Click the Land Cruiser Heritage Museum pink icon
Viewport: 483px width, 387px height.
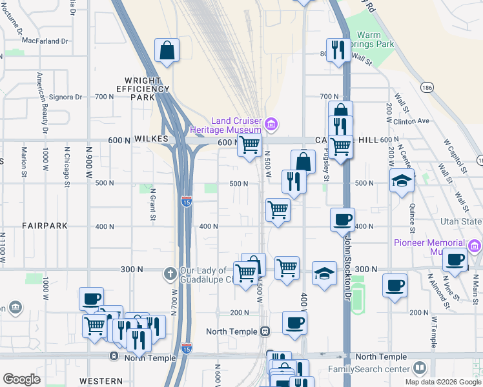[x=271, y=123]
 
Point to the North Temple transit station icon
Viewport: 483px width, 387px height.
[x=265, y=331]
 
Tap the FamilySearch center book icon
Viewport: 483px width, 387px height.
[x=420, y=368]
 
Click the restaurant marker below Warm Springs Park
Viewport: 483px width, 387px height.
[x=338, y=50]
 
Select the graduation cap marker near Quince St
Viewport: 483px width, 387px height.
[x=402, y=182]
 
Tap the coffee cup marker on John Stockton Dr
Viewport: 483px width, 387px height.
[x=342, y=219]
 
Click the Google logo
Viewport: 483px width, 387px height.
[x=21, y=379]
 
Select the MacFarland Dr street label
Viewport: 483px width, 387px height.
[x=45, y=41]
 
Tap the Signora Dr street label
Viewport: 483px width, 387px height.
[x=67, y=97]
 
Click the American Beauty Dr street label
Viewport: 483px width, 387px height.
[x=42, y=103]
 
